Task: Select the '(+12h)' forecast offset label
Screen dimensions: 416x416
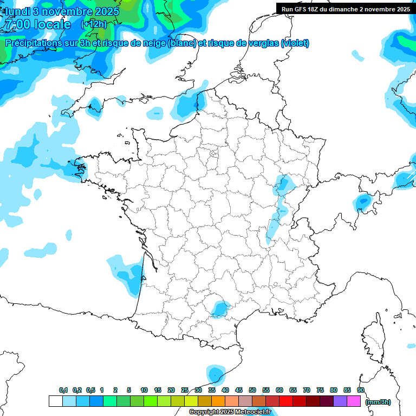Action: [x=94, y=24]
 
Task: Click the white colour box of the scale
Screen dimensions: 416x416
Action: [x=55, y=401]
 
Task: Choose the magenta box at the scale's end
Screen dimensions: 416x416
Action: [x=354, y=401]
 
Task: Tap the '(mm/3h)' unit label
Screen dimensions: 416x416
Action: [x=378, y=402]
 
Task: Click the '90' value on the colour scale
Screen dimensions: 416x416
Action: [x=361, y=390]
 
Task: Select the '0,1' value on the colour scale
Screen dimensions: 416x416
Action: [x=63, y=390]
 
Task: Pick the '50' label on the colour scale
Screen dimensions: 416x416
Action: [x=252, y=390]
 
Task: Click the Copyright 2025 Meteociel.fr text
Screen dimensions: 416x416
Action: [x=230, y=412]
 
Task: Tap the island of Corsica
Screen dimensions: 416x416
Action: [x=373, y=336]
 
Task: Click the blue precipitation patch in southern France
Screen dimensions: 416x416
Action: [x=220, y=309]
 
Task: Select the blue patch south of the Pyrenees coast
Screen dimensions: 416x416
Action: [x=216, y=374]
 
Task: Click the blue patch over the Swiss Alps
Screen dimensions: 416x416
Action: [x=363, y=202]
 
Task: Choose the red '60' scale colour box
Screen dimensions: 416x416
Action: [x=279, y=401]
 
